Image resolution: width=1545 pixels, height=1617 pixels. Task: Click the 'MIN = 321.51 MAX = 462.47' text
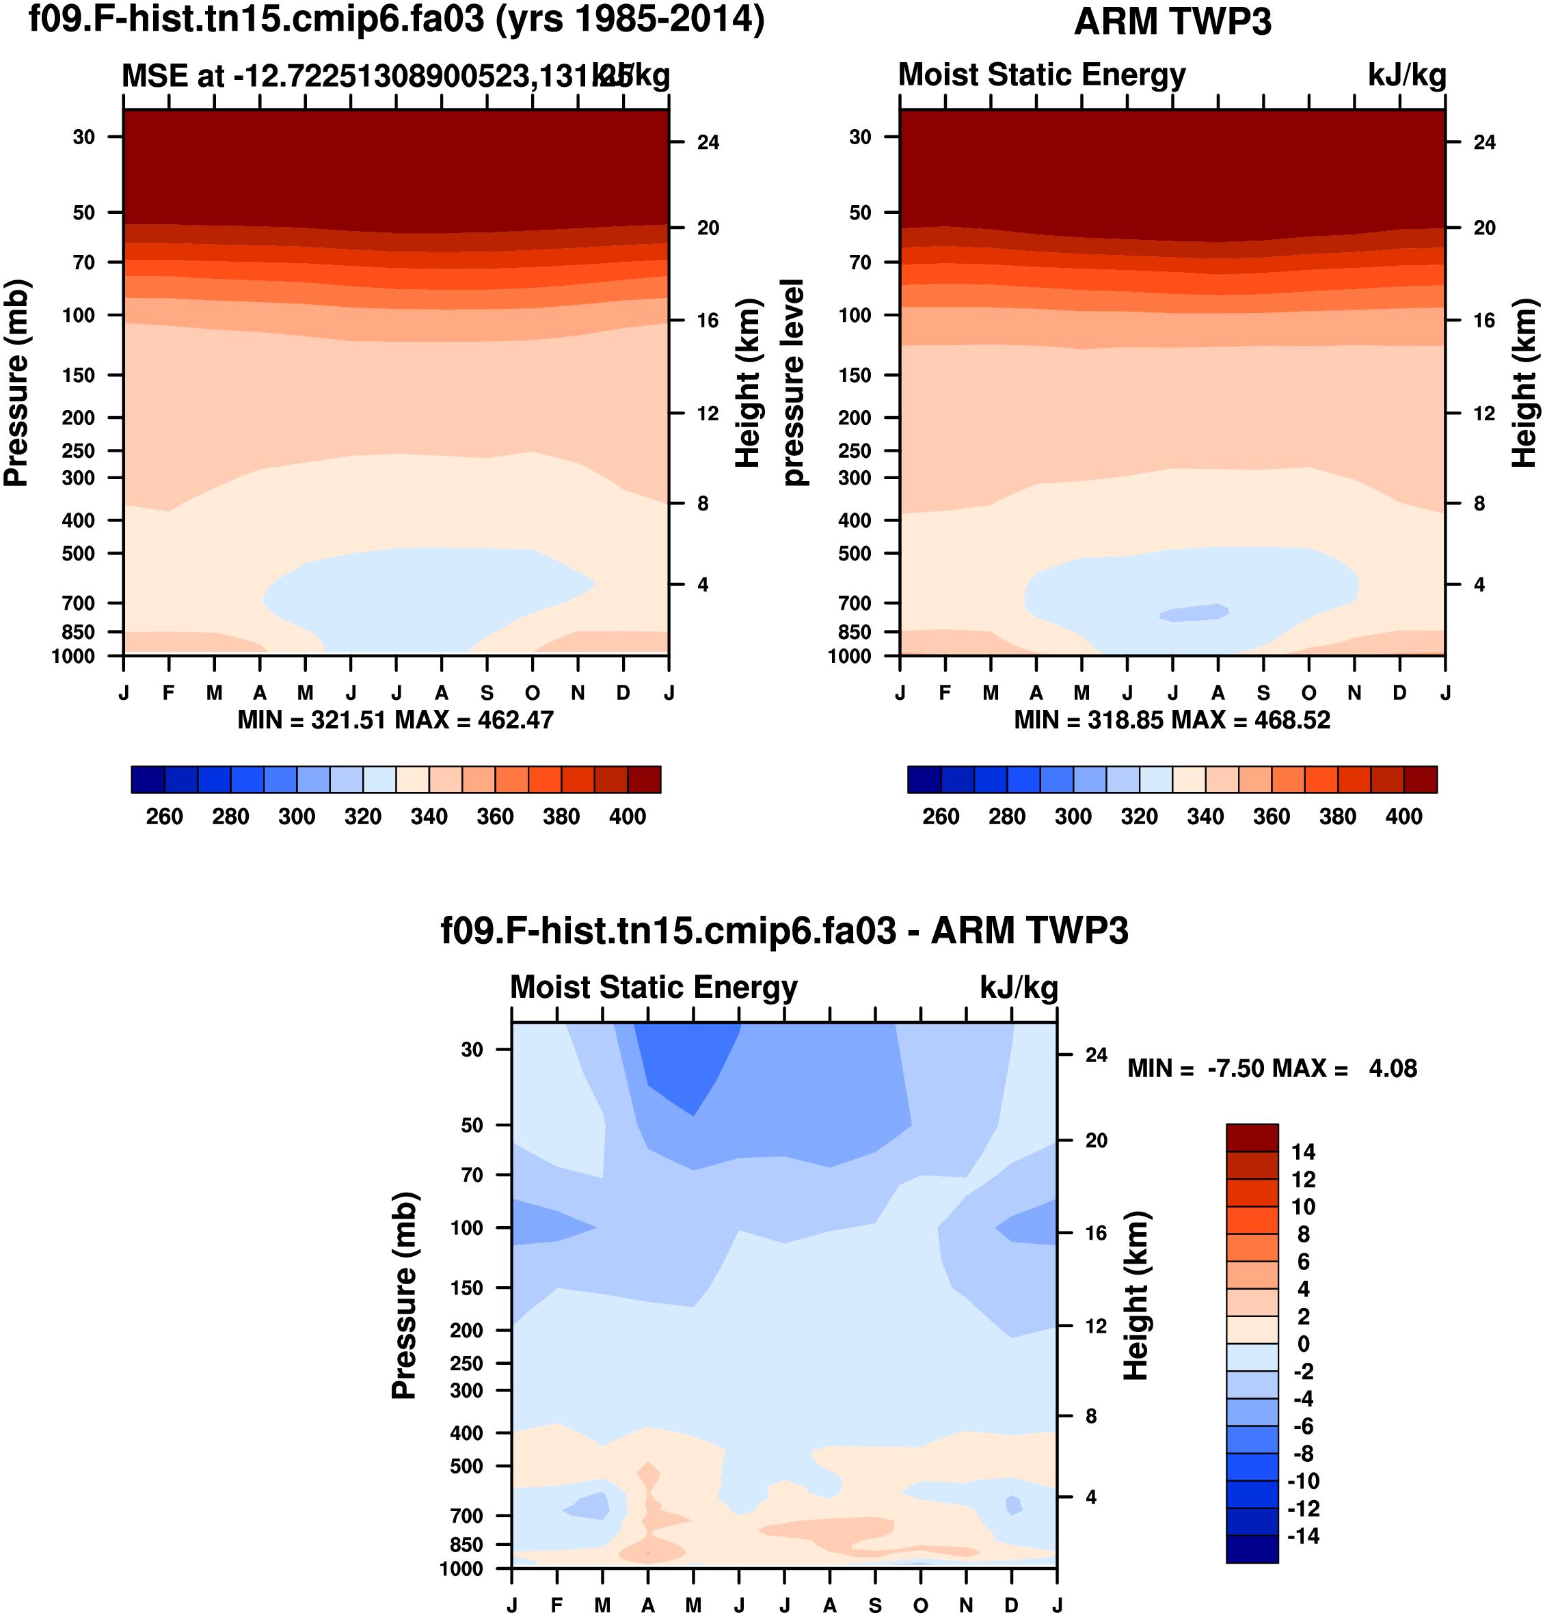click(x=395, y=720)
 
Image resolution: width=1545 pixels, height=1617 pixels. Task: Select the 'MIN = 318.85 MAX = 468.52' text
click(x=1172, y=720)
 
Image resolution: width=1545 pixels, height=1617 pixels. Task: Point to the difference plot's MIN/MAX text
click(x=1272, y=1069)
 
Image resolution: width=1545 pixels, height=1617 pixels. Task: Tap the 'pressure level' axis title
click(x=793, y=383)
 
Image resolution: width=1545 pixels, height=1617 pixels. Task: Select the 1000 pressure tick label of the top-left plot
click(x=73, y=656)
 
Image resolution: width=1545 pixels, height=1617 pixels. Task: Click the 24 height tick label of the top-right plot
click(x=1484, y=142)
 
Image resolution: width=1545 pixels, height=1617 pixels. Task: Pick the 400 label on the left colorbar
click(x=628, y=817)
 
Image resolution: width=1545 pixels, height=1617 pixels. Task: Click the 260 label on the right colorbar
click(x=941, y=817)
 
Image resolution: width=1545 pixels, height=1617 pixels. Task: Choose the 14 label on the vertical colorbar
click(x=1303, y=1152)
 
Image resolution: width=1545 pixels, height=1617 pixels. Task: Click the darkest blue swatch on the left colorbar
click(x=148, y=779)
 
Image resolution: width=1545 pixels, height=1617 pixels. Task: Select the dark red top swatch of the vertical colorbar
click(x=1252, y=1137)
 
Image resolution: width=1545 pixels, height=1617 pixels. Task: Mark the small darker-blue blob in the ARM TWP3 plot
click(x=1194, y=612)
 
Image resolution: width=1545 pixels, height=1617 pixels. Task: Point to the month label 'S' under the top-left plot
click(x=487, y=693)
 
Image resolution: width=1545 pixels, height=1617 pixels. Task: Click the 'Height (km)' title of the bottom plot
click(x=1136, y=1295)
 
